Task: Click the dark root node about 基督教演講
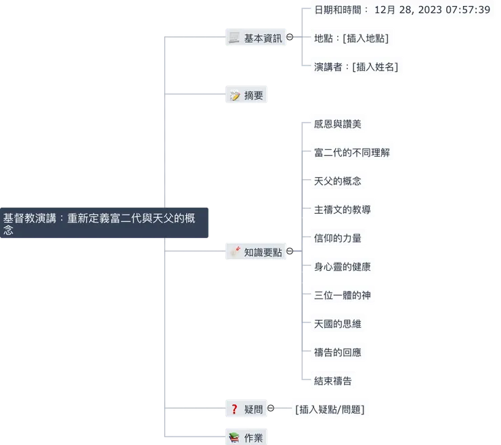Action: click(104, 222)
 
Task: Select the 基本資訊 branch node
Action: click(256, 37)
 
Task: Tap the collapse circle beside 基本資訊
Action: click(290, 37)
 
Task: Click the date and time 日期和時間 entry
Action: click(402, 10)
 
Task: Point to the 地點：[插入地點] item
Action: click(351, 39)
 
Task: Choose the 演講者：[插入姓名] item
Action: click(356, 67)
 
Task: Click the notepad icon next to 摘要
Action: click(235, 95)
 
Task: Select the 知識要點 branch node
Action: click(256, 252)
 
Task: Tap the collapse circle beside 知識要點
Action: click(290, 251)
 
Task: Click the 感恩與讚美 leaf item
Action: click(337, 124)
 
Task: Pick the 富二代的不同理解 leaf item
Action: click(352, 153)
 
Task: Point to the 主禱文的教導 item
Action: click(342, 210)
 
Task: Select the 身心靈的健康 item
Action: click(342, 267)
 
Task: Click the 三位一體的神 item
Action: click(342, 295)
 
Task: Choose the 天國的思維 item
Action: click(337, 324)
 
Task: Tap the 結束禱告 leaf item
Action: click(332, 381)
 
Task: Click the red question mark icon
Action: click(234, 409)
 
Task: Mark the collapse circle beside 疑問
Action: click(271, 408)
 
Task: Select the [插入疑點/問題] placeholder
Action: click(330, 410)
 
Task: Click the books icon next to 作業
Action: click(234, 438)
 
